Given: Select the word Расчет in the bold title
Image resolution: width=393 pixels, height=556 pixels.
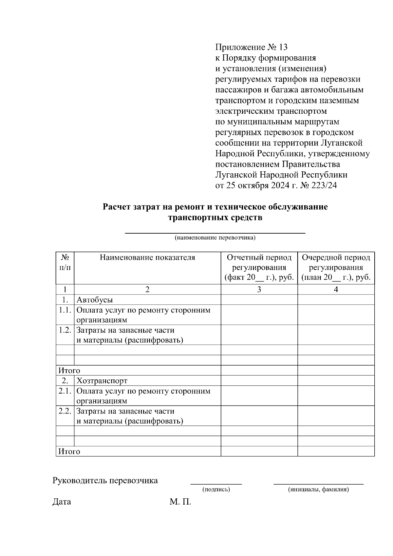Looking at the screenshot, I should pos(117,207).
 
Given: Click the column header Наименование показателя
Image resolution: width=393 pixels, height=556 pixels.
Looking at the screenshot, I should pos(147,258).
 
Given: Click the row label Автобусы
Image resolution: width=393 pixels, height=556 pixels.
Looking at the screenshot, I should pos(95,300).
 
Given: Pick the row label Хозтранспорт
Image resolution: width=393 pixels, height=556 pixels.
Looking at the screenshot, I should pos(102,381).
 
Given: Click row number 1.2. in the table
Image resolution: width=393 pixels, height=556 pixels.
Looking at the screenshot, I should pos(65,330).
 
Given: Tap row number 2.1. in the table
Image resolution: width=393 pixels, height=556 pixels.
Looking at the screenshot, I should pos(65,391).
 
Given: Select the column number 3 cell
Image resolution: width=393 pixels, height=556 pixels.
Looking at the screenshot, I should pos(259,290).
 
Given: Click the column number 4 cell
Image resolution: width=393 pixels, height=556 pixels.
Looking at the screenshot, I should pos(336,290).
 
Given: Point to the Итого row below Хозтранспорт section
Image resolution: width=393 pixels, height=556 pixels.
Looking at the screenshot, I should pos(69,451).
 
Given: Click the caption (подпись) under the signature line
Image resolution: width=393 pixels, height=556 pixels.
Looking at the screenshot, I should pos(216,490).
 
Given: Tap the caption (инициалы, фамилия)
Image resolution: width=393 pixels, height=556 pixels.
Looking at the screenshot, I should pos(318,490).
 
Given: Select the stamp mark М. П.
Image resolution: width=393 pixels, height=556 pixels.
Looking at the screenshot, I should pos(180,502).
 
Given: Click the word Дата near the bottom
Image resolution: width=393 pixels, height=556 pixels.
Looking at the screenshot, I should pos(62,502).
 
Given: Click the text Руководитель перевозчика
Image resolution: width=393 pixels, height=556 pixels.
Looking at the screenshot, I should pos(105,481).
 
